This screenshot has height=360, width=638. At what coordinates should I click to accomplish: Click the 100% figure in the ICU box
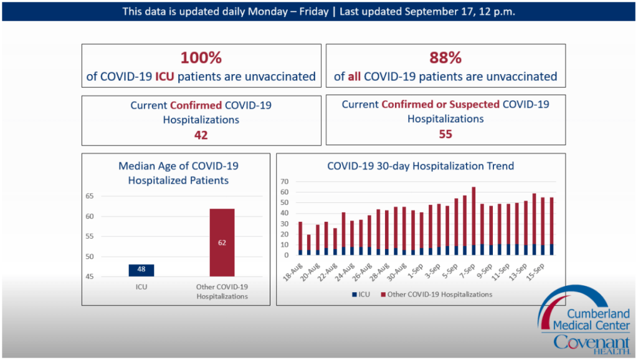click(x=201, y=58)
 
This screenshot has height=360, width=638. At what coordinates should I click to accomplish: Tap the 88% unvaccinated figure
click(x=445, y=58)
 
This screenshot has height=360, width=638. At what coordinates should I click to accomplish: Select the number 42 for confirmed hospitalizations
click(x=201, y=135)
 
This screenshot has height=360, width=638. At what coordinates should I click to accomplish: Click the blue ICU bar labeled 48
click(x=141, y=270)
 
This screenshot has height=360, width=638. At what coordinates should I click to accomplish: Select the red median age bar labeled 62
click(x=222, y=242)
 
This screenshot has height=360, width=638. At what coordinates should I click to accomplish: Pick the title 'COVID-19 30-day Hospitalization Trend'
click(x=421, y=166)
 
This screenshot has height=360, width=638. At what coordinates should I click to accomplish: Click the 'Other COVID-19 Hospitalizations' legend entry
click(x=436, y=294)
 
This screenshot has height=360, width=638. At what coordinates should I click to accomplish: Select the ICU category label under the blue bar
click(x=141, y=287)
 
